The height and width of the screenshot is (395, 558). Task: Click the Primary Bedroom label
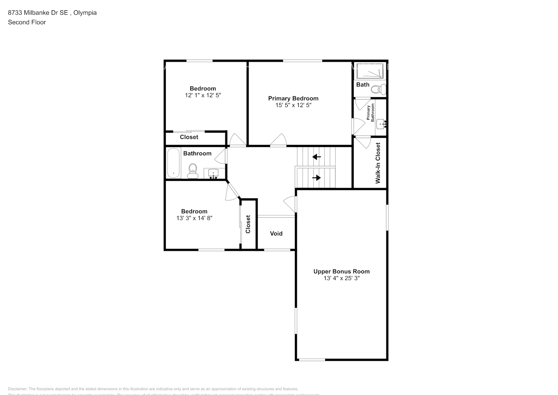293,98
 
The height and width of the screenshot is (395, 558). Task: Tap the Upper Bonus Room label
341,271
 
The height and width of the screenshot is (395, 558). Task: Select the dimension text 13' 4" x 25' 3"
341,278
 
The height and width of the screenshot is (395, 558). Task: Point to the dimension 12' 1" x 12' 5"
203,95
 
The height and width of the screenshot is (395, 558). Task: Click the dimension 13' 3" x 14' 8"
194,218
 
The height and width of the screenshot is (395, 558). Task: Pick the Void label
276,233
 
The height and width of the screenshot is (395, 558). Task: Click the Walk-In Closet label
378,163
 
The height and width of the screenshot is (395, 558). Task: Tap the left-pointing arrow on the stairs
316,157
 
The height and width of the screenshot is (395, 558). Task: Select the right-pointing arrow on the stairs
316,178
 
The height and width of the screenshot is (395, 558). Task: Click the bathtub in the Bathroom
173,163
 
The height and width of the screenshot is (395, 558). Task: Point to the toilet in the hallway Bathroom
193,170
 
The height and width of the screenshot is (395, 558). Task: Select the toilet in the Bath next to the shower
379,89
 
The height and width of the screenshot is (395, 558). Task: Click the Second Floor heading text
27,22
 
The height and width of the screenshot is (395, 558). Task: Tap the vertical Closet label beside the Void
248,224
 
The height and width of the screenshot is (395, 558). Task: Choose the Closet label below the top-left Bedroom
189,137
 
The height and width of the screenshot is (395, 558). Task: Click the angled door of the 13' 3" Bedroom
232,191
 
